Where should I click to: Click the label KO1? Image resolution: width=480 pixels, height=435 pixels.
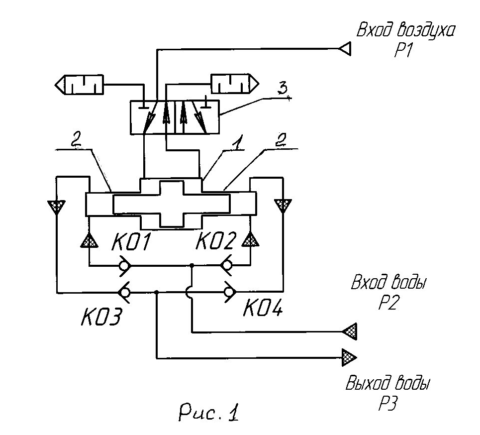[x=131, y=241]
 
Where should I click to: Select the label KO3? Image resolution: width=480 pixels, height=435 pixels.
[x=101, y=316]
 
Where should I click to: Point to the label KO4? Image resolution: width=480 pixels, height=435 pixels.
[x=263, y=307]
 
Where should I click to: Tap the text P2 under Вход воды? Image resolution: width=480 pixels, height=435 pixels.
[x=388, y=302]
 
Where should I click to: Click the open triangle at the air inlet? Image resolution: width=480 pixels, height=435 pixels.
[x=345, y=49]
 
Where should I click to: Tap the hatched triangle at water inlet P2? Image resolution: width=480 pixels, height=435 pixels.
[x=350, y=331]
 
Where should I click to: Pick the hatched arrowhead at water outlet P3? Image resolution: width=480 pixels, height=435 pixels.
[x=350, y=357]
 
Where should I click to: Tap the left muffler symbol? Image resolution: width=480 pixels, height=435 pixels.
[x=79, y=85]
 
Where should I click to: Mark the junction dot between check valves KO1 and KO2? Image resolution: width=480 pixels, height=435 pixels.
[x=192, y=265]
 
